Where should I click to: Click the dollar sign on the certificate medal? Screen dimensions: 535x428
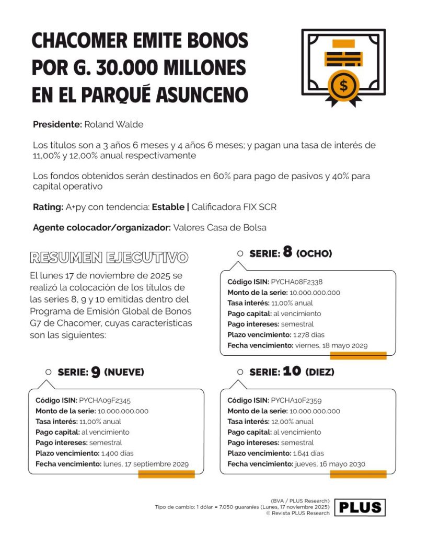(x=343, y=85)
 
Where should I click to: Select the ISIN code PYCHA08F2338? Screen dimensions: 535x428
(x=296, y=282)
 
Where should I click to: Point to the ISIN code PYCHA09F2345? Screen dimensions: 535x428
(x=105, y=400)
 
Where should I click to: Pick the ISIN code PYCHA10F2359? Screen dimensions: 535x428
(x=296, y=400)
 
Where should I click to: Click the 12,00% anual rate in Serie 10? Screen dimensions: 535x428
(x=293, y=421)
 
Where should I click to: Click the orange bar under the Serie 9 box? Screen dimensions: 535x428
(x=166, y=474)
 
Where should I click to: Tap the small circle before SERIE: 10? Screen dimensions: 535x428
(x=240, y=372)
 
